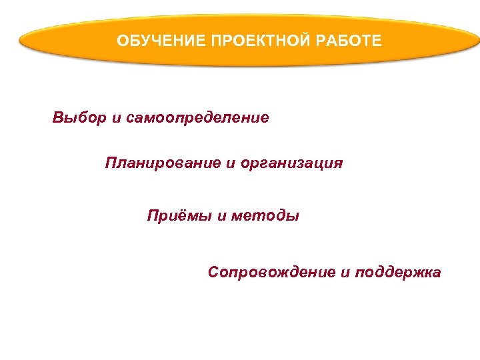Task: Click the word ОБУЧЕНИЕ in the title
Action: (x=160, y=41)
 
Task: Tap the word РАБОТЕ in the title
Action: (x=349, y=41)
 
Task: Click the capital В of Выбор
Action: (x=58, y=118)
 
